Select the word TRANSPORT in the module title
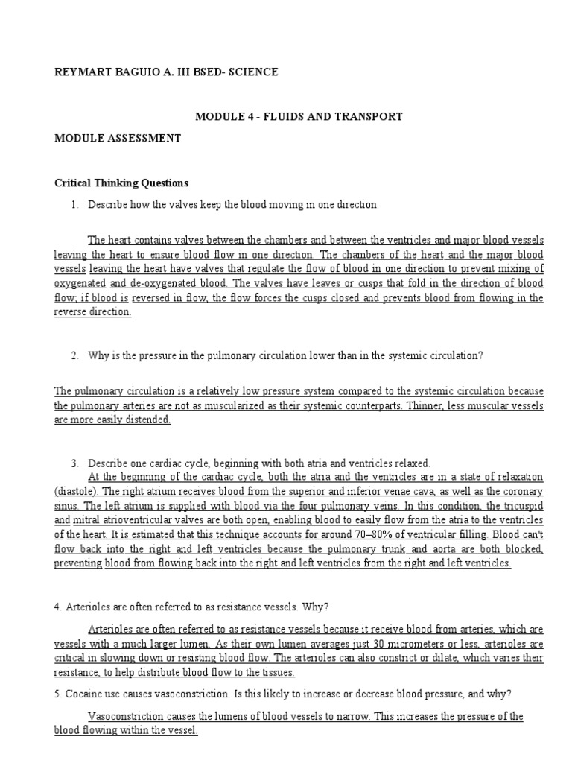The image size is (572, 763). coord(368,116)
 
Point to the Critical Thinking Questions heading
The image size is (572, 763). coord(122,183)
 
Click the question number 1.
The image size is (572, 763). coord(75,204)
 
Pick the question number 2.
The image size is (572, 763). coord(75,355)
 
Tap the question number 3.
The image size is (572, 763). coord(75,463)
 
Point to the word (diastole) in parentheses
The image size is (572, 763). coord(77,491)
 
